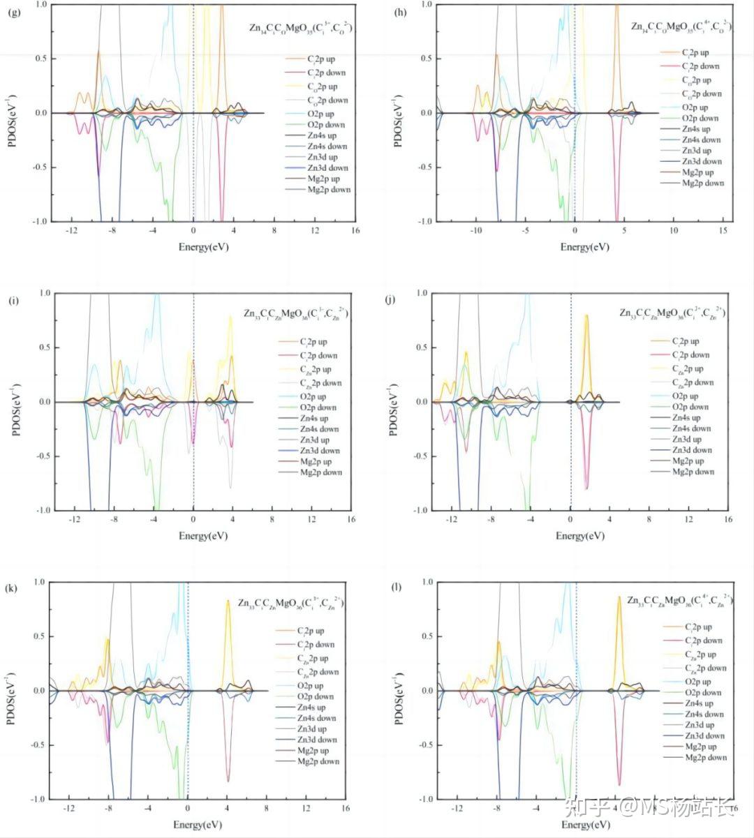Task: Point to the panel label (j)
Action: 390,301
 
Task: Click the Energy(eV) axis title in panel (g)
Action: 203,247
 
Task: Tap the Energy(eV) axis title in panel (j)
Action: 580,536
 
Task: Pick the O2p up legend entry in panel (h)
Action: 694,107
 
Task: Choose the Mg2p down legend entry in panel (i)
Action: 321,472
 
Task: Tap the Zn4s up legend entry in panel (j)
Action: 691,418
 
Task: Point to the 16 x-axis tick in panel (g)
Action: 355,231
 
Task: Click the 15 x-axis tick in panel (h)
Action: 723,231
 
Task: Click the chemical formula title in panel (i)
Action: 296,314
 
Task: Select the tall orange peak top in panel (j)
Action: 586,315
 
